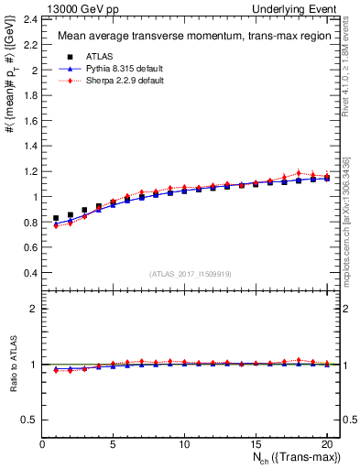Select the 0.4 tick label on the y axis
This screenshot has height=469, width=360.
coord(31,272)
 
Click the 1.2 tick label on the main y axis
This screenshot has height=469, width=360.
coord(31,170)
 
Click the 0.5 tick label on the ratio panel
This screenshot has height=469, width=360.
coord(31,420)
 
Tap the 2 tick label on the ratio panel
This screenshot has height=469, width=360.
coord(35,309)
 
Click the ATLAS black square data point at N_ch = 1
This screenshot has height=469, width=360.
coord(57,219)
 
